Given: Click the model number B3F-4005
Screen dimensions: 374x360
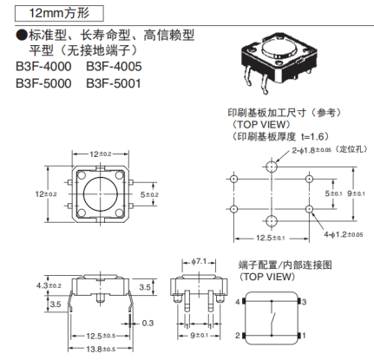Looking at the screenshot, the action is pyautogui.click(x=114, y=67).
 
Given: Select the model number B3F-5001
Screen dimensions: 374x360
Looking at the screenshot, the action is pyautogui.click(x=114, y=83).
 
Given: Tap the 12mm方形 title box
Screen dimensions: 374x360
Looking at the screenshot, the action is pyautogui.click(x=59, y=14).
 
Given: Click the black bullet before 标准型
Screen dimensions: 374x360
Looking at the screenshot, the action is pyautogui.click(x=22, y=36).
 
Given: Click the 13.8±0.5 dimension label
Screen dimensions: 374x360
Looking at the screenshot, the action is pyautogui.click(x=101, y=350).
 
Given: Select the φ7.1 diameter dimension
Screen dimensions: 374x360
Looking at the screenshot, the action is pyautogui.click(x=199, y=262).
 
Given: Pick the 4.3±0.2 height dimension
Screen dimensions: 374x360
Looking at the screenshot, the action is pyautogui.click(x=49, y=285).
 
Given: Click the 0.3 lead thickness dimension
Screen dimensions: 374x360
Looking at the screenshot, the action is pyautogui.click(x=148, y=323).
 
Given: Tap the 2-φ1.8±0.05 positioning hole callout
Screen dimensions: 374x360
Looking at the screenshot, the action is pyautogui.click(x=329, y=150).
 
